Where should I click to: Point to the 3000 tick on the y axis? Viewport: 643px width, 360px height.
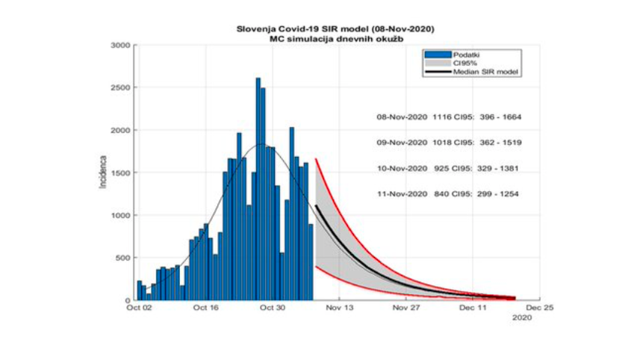pos(121,46)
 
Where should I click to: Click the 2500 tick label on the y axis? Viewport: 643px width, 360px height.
pos(121,88)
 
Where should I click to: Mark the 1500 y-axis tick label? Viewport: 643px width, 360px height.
pos(121,173)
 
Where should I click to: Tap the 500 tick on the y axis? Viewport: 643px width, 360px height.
pos(123,258)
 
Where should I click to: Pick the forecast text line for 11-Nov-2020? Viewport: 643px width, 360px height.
pos(447,194)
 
